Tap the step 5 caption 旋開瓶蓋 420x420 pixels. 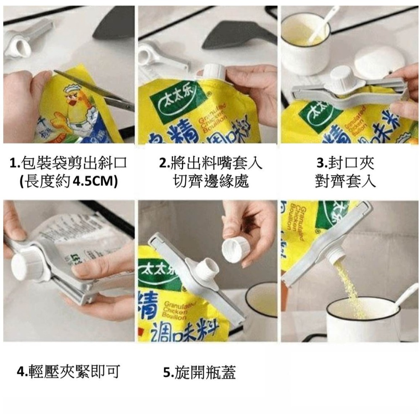click(x=199, y=371)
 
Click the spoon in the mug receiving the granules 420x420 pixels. click(x=403, y=298)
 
